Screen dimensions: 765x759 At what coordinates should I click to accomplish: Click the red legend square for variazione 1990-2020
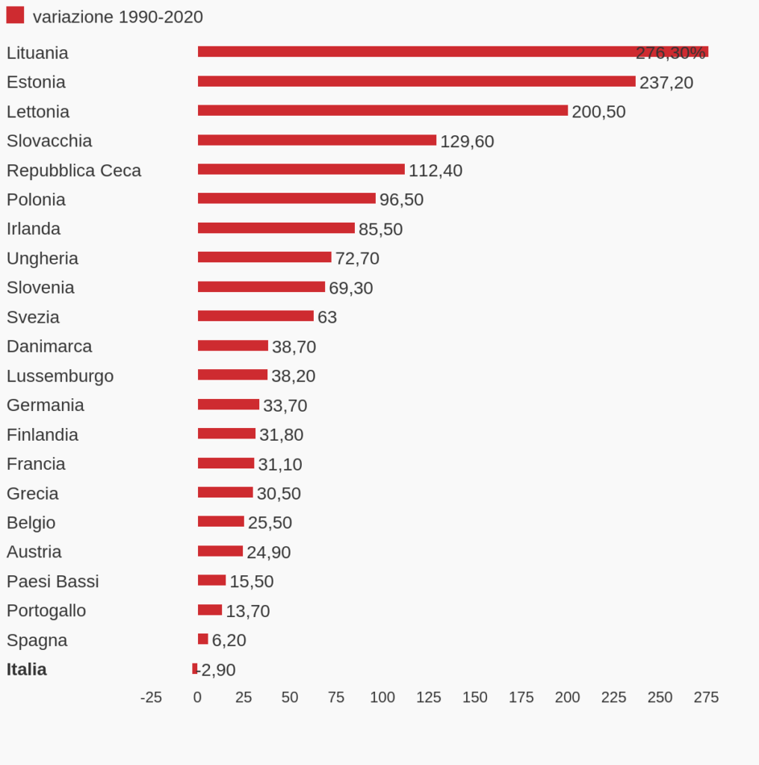pos(15,15)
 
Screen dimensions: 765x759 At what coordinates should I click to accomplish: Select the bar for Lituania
pos(452,52)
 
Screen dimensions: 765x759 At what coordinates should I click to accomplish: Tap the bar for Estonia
pos(416,81)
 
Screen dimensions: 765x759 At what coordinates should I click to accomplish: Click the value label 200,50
pos(598,112)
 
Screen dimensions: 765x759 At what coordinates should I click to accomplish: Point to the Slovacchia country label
pos(49,141)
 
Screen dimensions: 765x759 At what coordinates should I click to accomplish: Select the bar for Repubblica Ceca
pos(301,170)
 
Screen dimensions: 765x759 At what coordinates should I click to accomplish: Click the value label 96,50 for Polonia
pos(401,200)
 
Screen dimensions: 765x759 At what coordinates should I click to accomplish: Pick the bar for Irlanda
pos(276,228)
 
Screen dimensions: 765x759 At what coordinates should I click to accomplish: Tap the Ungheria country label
pos(43,258)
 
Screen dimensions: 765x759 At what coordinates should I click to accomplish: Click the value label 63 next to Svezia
pos(327,318)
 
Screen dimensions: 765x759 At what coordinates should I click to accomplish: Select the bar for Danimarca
pos(232,345)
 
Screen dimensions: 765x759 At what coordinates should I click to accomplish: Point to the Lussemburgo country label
pos(60,376)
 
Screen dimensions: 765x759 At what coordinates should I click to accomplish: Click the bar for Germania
pos(228,404)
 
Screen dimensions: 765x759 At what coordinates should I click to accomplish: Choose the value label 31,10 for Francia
pos(280,465)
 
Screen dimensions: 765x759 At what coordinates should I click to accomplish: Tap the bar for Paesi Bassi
pos(211,580)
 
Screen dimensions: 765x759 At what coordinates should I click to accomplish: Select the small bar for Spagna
pos(202,639)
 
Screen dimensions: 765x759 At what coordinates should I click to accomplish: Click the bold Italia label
pos(27,669)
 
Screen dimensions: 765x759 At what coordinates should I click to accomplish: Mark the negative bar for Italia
pos(195,669)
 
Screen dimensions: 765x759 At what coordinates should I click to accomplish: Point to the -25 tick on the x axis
pos(151,698)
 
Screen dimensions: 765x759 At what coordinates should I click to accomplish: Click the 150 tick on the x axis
pos(474,698)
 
